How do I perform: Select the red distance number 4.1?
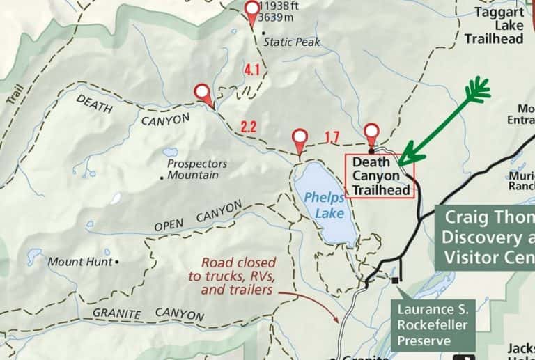(251, 69)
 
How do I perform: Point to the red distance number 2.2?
(249, 127)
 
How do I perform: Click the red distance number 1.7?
(333, 137)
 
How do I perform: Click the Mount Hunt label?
(80, 263)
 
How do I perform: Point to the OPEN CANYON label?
(198, 216)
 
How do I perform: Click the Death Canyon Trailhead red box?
(380, 175)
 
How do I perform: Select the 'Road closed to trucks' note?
(236, 276)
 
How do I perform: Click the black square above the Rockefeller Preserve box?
(396, 280)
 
